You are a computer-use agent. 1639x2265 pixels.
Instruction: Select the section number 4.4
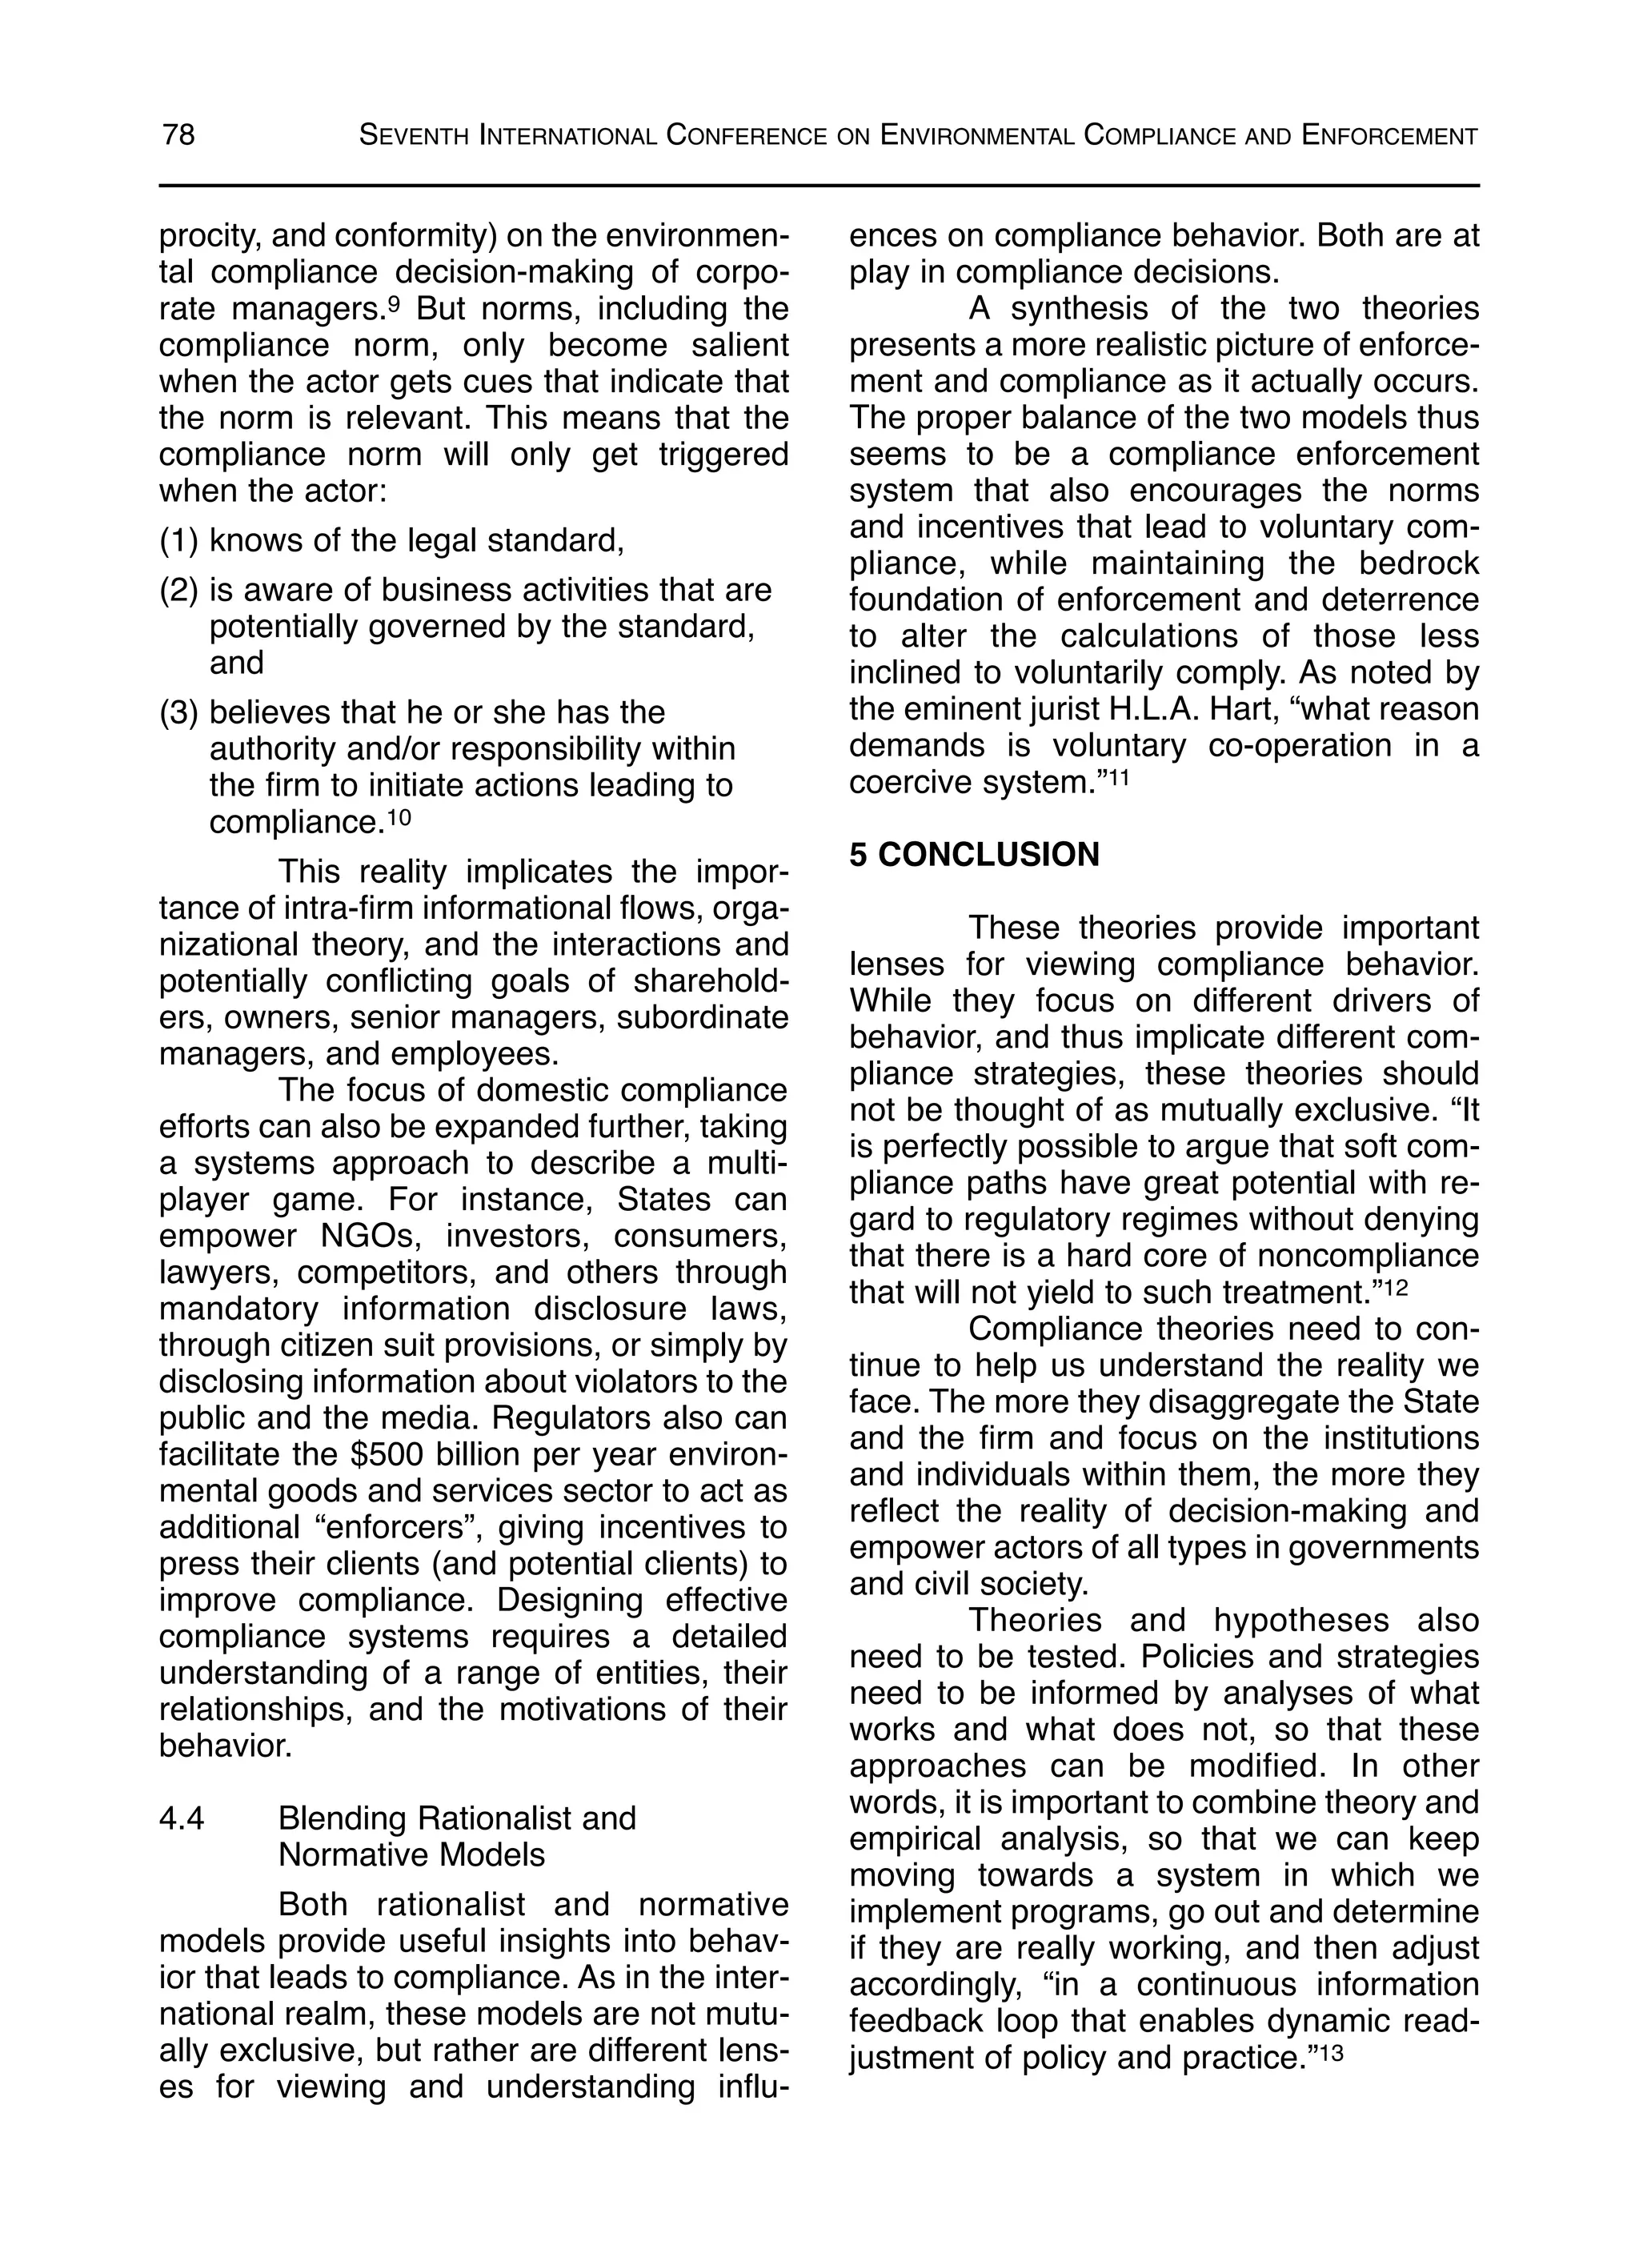tap(182, 1818)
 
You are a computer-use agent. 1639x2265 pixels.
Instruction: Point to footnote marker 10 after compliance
tap(399, 818)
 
